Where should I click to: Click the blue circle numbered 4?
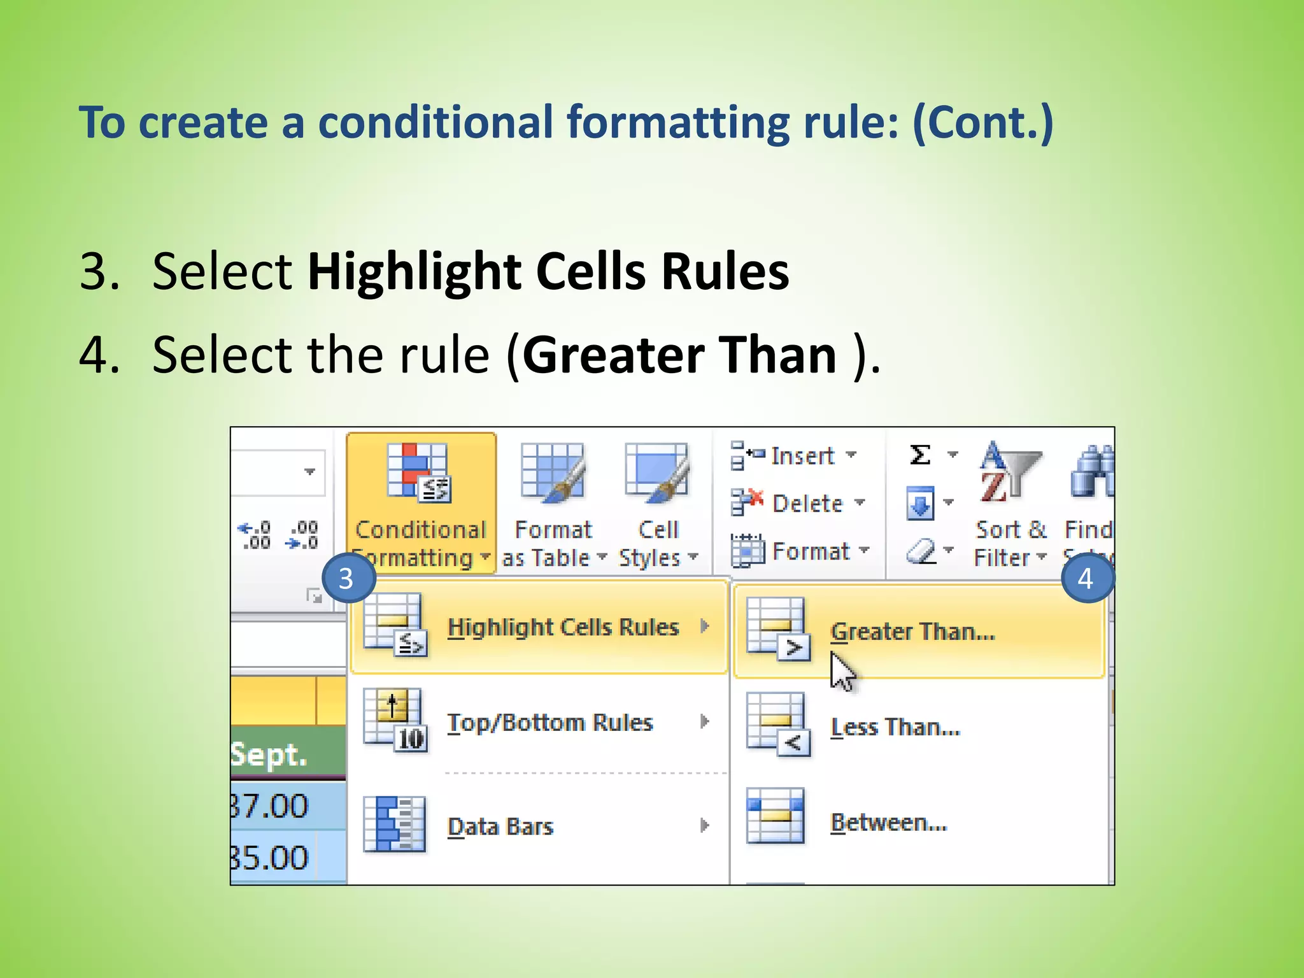click(1086, 578)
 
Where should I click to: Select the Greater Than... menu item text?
click(912, 632)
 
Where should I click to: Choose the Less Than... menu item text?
click(895, 727)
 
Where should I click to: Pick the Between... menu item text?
click(889, 823)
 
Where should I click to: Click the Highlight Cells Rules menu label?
click(563, 627)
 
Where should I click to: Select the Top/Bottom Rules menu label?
click(550, 723)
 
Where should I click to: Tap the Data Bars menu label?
click(500, 826)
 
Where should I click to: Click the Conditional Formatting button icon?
click(418, 472)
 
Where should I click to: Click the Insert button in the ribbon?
click(793, 456)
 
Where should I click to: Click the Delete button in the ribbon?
click(798, 504)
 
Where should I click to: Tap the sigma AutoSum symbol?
click(920, 455)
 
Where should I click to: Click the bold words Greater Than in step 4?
click(679, 355)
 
